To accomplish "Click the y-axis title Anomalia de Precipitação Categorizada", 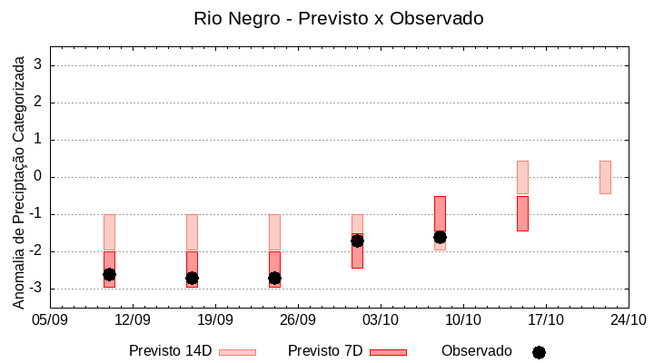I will (18, 180).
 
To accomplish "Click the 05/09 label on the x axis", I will (50, 320).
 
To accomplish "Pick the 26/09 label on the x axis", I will (298, 320).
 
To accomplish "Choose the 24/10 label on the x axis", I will (629, 320).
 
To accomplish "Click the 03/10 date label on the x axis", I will (381, 320).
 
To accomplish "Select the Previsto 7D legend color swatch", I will (388, 352).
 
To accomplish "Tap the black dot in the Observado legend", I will (539, 352).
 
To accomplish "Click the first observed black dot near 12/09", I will (109, 274).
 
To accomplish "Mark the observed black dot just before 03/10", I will (357, 240).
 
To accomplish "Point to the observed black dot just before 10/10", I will (440, 237).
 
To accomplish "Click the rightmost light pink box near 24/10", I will (605, 177).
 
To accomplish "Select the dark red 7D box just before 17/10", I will (522, 213).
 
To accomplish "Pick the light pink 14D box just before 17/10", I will (522, 177).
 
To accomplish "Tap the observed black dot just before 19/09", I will (192, 278).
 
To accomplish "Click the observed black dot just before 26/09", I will (274, 278).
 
